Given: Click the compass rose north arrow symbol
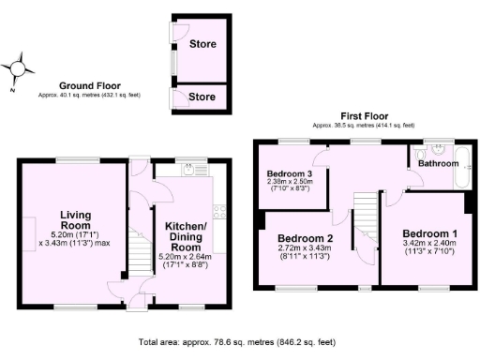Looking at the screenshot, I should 20,68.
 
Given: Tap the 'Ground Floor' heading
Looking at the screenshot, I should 85,84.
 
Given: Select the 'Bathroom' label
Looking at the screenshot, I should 438,163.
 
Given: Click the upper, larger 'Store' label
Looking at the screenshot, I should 202,44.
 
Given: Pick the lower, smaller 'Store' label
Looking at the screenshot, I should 202,96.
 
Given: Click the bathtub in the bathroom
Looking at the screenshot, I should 461,167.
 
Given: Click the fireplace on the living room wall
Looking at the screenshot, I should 26,225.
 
